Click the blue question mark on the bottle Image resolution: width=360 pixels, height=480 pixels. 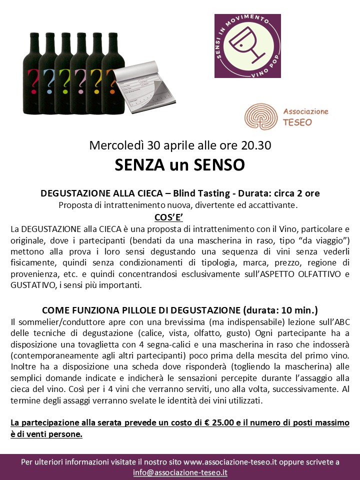click(x=49, y=78)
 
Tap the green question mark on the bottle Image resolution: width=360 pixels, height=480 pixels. click(x=65, y=78)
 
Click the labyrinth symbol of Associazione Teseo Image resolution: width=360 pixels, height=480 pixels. click(x=260, y=116)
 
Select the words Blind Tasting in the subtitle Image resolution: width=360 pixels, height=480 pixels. click(x=222, y=193)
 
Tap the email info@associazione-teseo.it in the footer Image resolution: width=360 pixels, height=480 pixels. click(x=180, y=472)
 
